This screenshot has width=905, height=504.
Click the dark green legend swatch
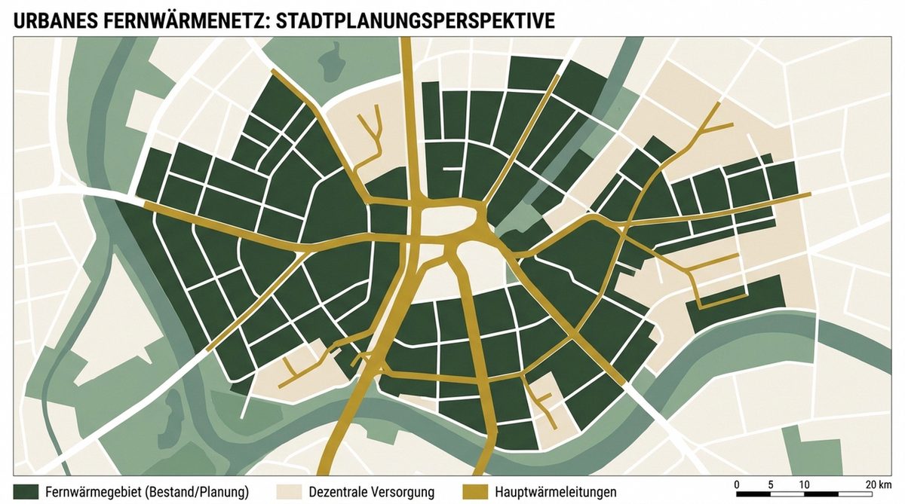[x=26, y=491]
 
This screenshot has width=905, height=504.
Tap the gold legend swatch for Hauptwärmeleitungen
[x=476, y=491]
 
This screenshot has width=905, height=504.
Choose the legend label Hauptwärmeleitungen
[x=556, y=492]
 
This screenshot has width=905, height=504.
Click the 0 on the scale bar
[x=736, y=483]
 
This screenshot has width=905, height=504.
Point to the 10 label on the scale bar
[x=804, y=483]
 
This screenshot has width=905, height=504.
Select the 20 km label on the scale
[x=878, y=483]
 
